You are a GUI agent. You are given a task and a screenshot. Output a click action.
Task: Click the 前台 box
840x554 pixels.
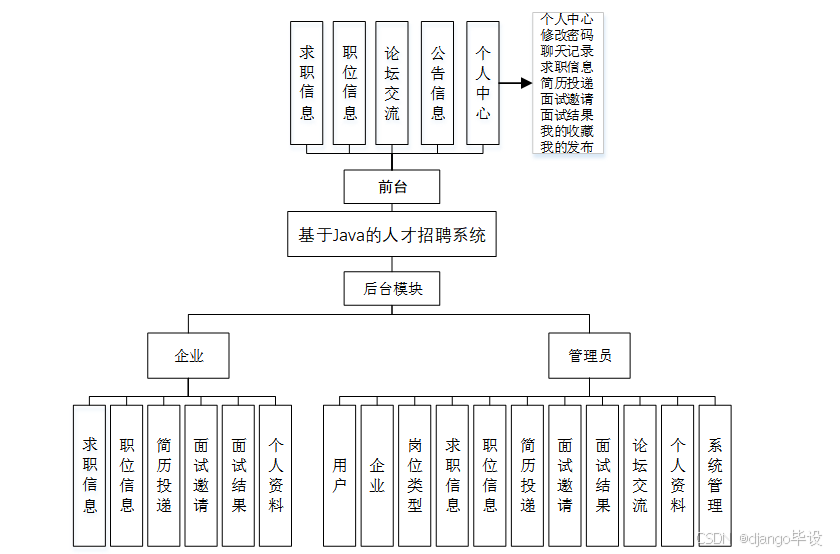point(392,186)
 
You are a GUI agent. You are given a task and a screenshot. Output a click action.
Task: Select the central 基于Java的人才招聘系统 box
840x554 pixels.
point(392,235)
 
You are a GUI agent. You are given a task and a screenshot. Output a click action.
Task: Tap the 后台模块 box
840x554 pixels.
point(392,289)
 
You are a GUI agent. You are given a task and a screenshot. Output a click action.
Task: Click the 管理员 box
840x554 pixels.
point(589,355)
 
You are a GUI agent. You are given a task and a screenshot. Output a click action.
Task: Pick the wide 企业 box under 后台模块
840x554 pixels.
point(188,355)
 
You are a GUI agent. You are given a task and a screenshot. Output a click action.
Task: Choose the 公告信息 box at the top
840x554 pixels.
point(438,84)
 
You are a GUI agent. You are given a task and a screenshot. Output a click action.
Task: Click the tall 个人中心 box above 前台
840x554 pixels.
point(483,84)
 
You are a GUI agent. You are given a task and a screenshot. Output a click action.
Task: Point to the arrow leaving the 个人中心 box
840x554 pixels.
point(515,84)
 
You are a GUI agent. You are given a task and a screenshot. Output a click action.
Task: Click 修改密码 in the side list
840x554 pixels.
point(567,35)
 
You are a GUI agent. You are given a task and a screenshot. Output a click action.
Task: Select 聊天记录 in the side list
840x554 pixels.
point(567,51)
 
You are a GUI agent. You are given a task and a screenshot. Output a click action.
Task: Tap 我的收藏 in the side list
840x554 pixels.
point(567,131)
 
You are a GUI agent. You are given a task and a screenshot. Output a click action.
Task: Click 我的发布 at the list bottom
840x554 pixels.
point(567,147)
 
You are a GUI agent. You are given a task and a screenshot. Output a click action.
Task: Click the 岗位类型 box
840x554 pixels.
point(414,474)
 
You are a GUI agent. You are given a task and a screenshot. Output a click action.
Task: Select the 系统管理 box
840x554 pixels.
point(714,474)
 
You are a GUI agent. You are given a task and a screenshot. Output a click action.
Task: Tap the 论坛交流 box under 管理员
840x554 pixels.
point(639,474)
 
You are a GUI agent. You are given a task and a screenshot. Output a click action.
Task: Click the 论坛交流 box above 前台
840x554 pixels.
point(392,84)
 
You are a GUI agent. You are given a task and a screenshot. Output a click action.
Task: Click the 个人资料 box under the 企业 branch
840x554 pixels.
point(275,474)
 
